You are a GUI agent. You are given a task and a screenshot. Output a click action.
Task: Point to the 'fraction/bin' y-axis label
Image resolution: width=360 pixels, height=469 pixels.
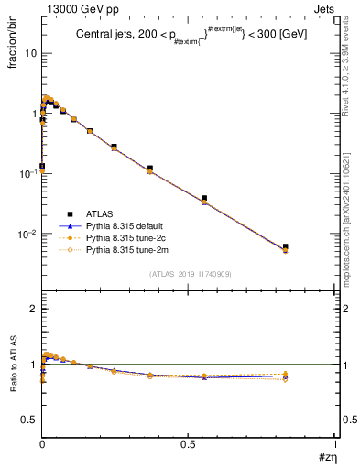pos(16,42)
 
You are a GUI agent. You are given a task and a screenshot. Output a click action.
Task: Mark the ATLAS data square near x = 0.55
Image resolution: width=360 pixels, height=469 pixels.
pos(204,198)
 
